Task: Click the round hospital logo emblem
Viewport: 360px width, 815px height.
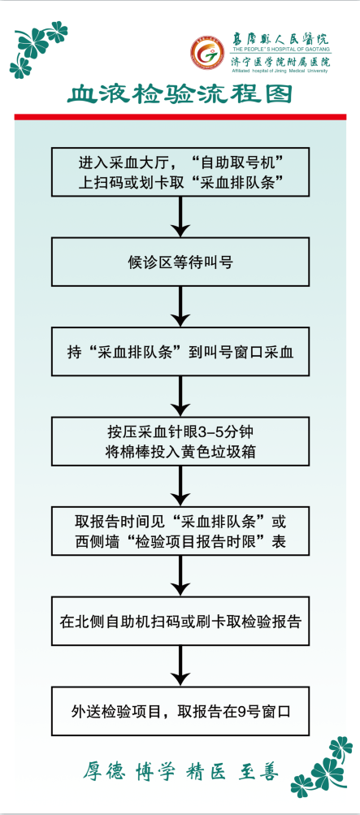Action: click(x=210, y=54)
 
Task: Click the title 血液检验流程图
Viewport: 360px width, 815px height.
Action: click(x=180, y=94)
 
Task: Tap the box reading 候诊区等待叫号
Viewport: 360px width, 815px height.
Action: click(x=180, y=262)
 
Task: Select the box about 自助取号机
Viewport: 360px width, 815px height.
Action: click(x=180, y=171)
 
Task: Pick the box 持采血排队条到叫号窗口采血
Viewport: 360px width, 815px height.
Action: click(x=180, y=351)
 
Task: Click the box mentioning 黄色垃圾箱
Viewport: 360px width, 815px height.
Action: click(x=180, y=441)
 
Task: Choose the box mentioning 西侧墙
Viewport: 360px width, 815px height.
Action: click(x=180, y=531)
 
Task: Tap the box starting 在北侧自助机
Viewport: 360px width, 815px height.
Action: click(x=180, y=621)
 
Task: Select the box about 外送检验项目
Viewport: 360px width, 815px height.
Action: click(x=180, y=711)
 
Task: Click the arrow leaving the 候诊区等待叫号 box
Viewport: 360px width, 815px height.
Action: click(x=180, y=306)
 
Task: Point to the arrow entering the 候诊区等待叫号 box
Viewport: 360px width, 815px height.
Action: click(x=180, y=217)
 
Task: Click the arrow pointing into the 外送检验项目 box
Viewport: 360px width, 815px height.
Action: click(x=180, y=665)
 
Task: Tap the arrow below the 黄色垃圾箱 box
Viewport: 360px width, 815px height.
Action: click(x=180, y=486)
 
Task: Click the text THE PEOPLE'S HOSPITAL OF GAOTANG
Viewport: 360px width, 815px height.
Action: click(x=280, y=50)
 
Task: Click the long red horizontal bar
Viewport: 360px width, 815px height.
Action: click(x=180, y=117)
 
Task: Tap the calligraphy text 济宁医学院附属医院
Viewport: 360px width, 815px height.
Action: click(x=280, y=62)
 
